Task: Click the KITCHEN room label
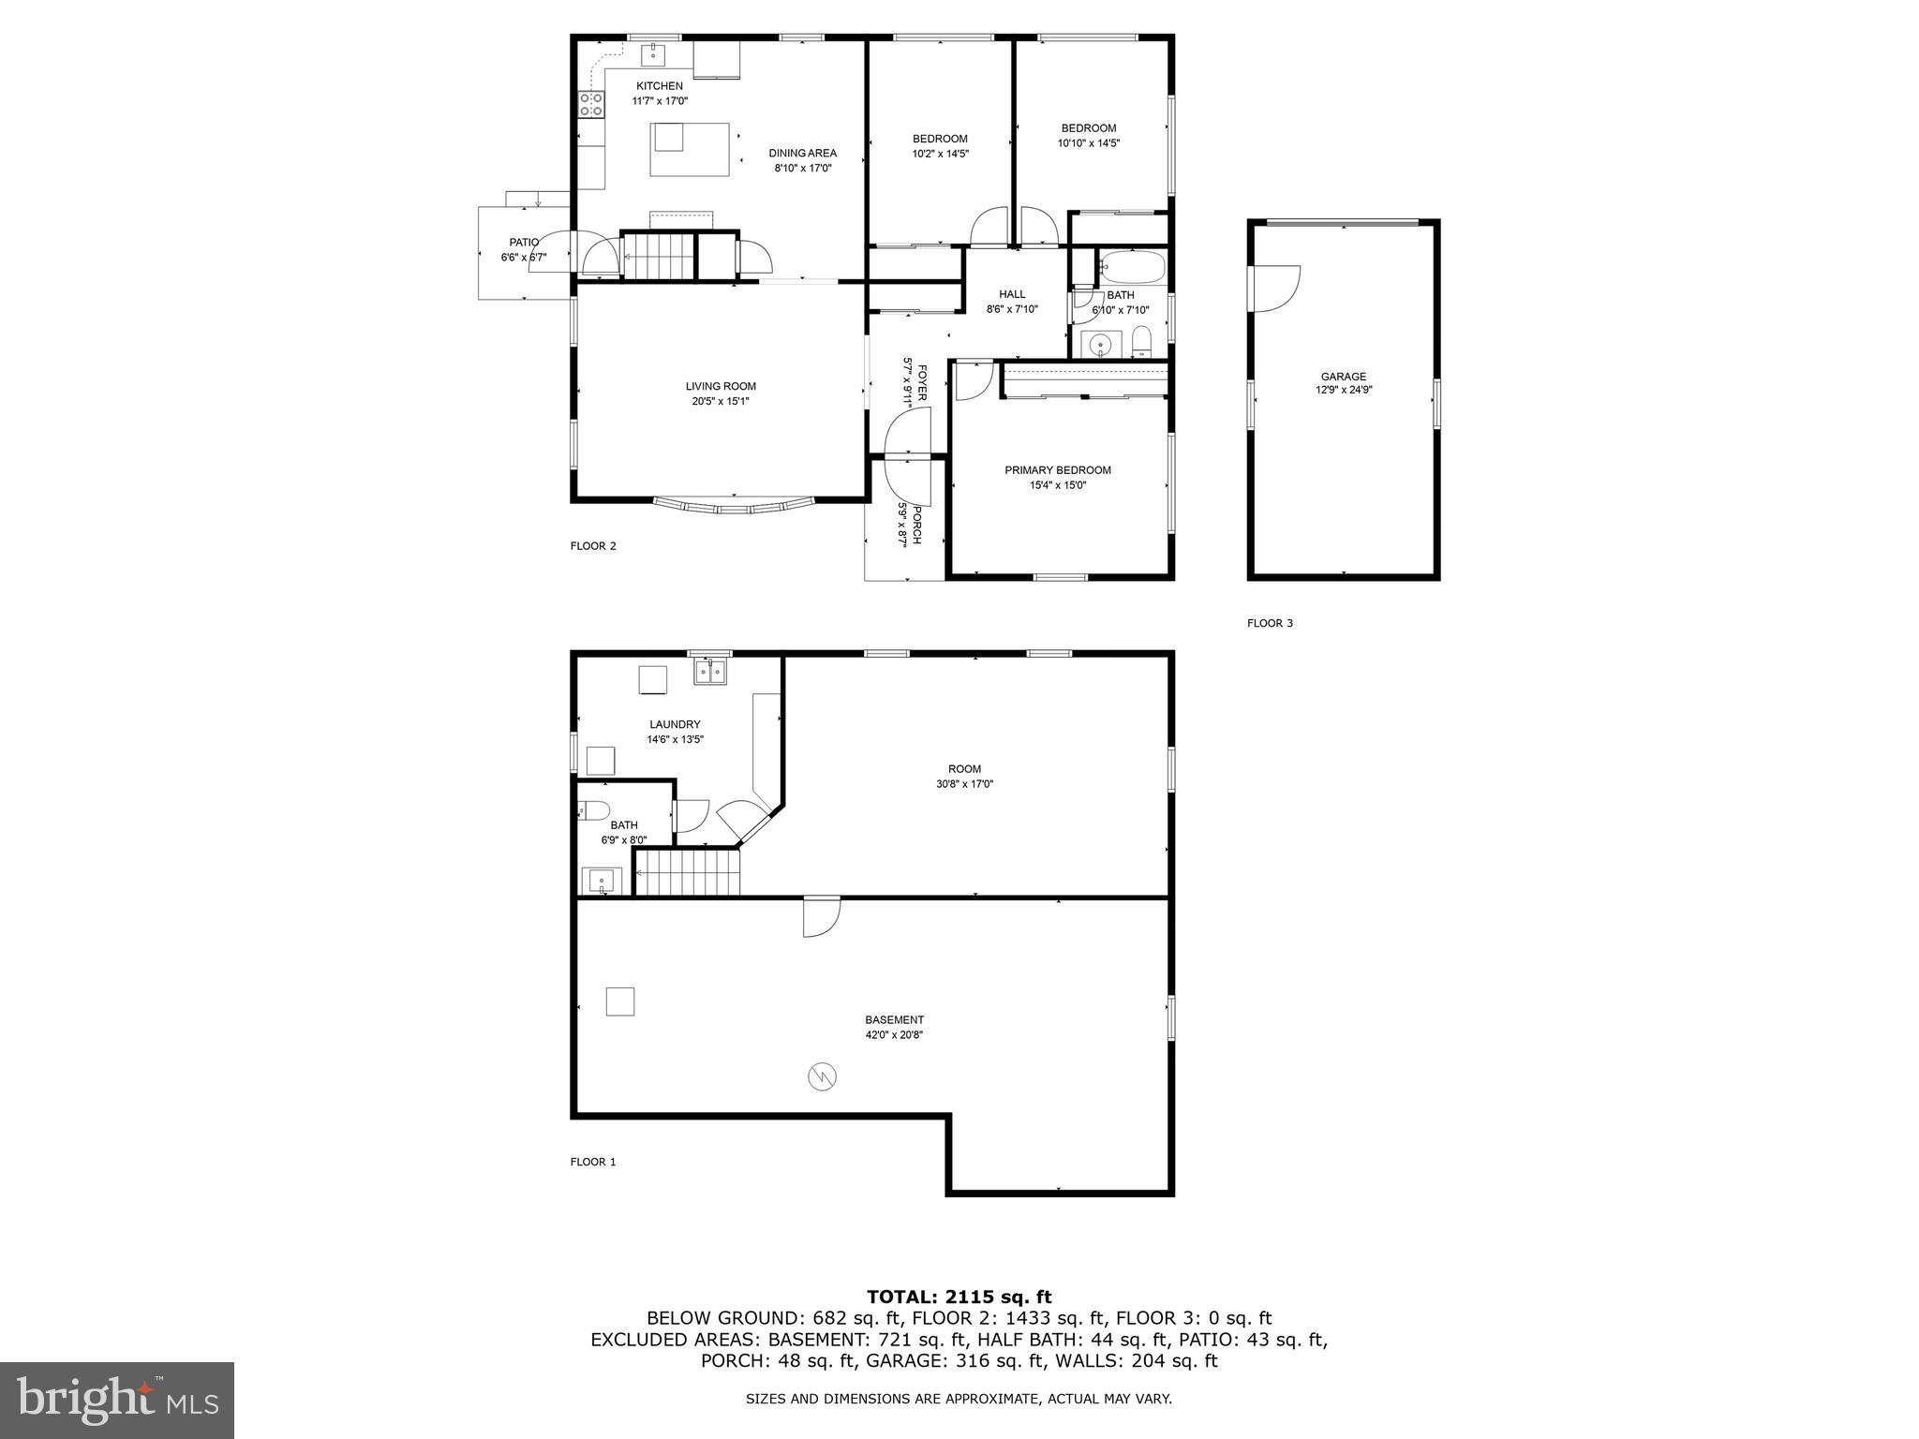660,86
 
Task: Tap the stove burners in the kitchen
590,104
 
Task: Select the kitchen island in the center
691,149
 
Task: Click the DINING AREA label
802,154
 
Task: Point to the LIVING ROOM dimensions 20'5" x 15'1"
720,402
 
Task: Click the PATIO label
524,243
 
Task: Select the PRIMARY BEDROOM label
1058,470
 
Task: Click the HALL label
1012,294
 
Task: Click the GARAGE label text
1343,377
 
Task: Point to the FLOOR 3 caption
1270,623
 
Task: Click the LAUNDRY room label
675,724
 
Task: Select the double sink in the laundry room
710,672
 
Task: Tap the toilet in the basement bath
595,810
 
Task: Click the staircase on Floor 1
689,872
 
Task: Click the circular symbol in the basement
822,1077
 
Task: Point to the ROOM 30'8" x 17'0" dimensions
964,784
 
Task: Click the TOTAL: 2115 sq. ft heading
959,1297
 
